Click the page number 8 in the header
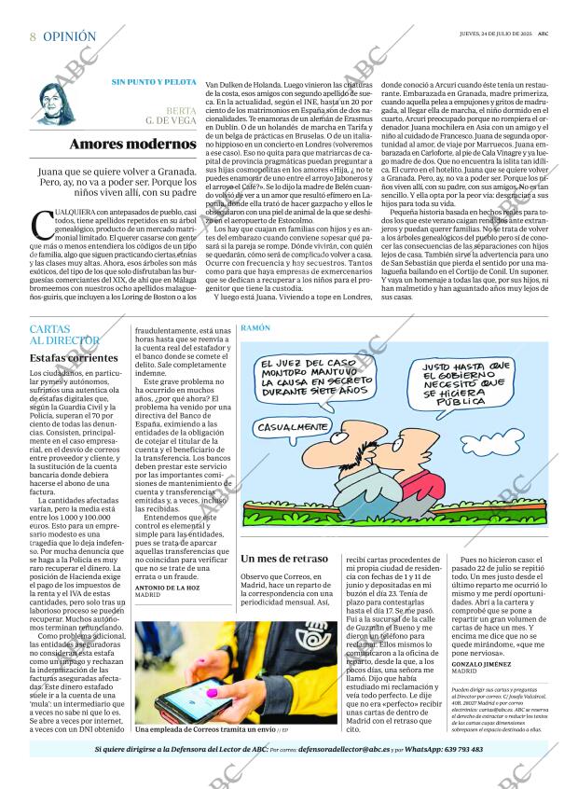pyautogui.click(x=33, y=36)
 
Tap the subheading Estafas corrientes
pyautogui.click(x=74, y=357)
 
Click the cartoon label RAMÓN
pyautogui.click(x=255, y=329)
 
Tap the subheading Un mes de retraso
pyautogui.click(x=283, y=559)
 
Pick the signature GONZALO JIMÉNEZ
pyautogui.click(x=482, y=663)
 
